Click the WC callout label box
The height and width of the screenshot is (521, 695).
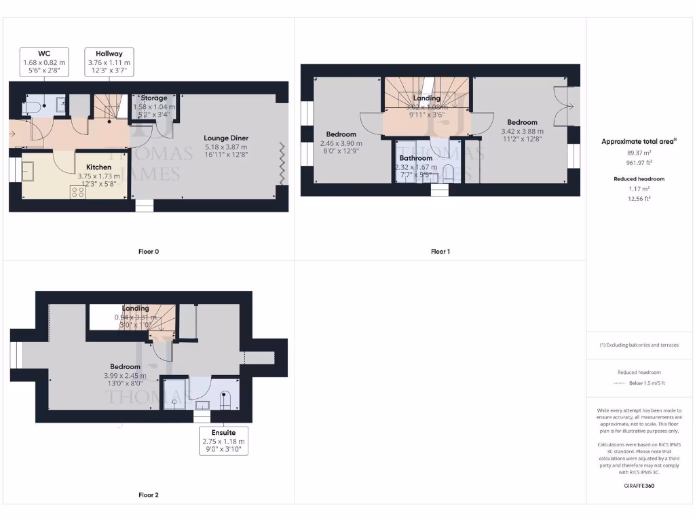pyautogui.click(x=44, y=62)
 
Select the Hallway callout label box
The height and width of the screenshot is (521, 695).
pyautogui.click(x=109, y=62)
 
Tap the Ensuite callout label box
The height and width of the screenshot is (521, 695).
pyautogui.click(x=223, y=441)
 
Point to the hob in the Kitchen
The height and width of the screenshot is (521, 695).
pyautogui.click(x=77, y=191)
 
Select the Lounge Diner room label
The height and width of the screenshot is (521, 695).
pyautogui.click(x=226, y=138)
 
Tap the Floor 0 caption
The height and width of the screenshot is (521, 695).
pyautogui.click(x=149, y=252)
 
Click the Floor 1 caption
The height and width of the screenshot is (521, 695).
pyautogui.click(x=440, y=252)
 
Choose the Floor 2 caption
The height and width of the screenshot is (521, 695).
pyautogui.click(x=149, y=495)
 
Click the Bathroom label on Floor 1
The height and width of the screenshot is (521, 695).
pyautogui.click(x=415, y=158)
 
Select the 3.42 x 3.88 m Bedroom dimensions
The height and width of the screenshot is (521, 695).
pyautogui.click(x=521, y=132)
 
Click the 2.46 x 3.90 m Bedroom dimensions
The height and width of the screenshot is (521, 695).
pyautogui.click(x=341, y=143)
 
